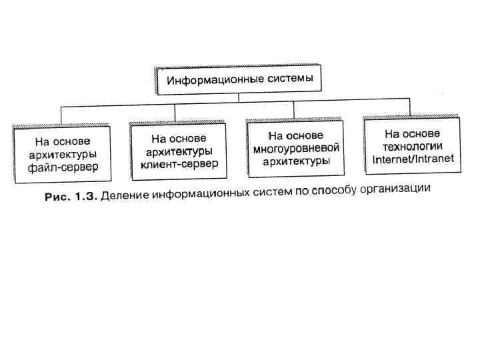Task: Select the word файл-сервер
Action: pos(63,167)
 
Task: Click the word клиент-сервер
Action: pos(179,163)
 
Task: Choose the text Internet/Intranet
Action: pos(413,159)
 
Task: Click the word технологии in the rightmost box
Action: pos(413,146)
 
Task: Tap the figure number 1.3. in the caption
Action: pos(83,198)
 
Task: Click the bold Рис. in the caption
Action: pos(55,199)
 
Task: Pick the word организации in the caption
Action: pos(401,188)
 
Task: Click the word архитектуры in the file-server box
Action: pos(63,154)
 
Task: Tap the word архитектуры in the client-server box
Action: pos(179,151)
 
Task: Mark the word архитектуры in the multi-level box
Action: pos(296,161)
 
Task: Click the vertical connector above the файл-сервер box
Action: pos(61,114)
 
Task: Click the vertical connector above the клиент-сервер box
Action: pos(175,113)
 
